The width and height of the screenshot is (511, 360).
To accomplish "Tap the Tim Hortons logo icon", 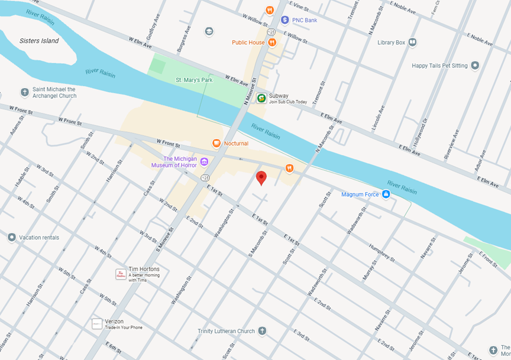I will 121,274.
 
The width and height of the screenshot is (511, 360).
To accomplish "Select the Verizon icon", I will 97,324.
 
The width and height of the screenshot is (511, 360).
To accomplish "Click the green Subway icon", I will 261,98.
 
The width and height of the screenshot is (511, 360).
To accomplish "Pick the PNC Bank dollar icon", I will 284,20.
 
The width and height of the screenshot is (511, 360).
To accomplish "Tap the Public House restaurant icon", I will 272,43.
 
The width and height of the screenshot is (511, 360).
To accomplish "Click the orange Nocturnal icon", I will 216,143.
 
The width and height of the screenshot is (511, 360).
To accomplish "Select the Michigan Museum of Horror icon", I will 205,161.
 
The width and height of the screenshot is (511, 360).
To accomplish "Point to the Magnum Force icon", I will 386,194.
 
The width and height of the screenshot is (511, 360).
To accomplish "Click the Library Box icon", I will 412,43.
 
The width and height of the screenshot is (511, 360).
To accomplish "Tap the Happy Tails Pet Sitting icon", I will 474,65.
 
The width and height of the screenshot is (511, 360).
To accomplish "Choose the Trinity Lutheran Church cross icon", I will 262,331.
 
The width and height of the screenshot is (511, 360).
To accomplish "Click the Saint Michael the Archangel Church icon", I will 24,92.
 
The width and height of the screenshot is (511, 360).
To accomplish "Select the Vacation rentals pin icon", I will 11,238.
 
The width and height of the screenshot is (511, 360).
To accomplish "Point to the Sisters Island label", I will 39,41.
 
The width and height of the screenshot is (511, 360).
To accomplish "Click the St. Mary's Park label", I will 193,79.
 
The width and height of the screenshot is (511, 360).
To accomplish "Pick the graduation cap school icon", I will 209,31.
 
